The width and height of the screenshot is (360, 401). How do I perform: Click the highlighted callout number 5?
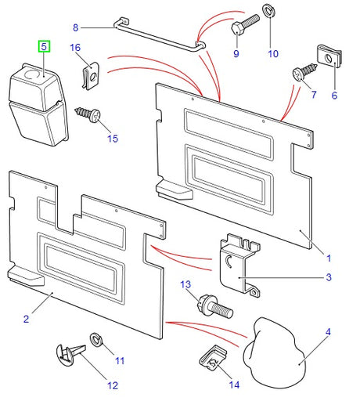point(45,47)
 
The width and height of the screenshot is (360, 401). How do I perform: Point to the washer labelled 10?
point(272,11)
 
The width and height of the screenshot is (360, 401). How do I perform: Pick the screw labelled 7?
point(302,73)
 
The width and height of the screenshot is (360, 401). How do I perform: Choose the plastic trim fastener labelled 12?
point(70,355)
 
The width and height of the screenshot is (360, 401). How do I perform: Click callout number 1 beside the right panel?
point(328,257)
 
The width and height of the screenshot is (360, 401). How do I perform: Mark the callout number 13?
point(185,284)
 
